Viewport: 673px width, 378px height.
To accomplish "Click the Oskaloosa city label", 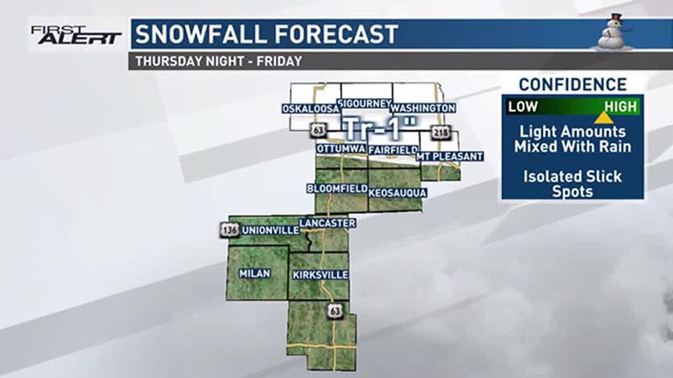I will (311, 109).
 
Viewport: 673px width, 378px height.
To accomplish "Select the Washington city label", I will (423, 108).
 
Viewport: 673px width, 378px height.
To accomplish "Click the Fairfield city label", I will (393, 149).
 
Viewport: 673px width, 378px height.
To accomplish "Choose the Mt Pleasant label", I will (450, 156).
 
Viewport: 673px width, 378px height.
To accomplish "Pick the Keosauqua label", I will (398, 193).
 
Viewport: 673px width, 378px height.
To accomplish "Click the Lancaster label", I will (327, 223).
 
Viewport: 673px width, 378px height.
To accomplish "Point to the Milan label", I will (254, 273).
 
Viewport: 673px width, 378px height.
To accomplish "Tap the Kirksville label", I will (320, 275).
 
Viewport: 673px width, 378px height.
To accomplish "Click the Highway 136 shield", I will (230, 230).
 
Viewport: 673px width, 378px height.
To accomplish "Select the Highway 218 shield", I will (440, 132).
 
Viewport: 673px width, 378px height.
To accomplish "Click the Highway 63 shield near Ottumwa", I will (317, 130).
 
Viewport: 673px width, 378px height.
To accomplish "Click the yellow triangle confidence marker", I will (604, 117).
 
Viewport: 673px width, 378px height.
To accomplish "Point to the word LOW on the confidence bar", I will (523, 106).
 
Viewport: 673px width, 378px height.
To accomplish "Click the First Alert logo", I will (76, 34).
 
